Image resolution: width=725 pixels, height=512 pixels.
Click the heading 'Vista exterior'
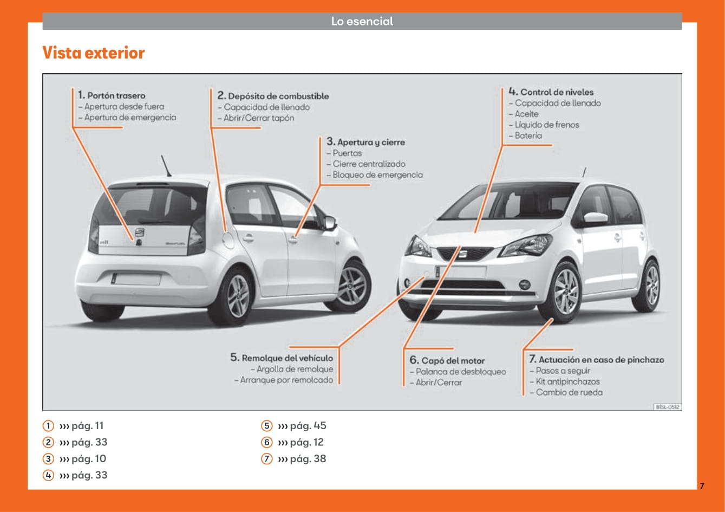94,53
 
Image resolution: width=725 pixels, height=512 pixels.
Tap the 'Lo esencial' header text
362,21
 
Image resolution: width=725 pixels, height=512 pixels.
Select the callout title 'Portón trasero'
116,95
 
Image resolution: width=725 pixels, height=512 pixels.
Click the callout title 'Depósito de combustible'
278,96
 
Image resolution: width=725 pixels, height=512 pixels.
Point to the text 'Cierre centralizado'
369,164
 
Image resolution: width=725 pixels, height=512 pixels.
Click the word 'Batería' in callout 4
528,135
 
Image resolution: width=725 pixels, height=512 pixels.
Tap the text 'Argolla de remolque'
295,369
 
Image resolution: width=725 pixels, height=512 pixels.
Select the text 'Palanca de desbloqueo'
461,372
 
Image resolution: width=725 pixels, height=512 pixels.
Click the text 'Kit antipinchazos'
567,381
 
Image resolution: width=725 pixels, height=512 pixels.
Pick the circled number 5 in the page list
267,425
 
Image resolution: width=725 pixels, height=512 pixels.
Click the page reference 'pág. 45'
308,425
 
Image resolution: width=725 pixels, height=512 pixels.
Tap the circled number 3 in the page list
48,458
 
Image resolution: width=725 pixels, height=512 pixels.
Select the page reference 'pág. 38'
308,458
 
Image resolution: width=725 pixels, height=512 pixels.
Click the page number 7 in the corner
702,486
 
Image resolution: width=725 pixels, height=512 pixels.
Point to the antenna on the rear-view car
166,166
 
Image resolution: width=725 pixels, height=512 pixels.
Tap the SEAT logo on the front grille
462,254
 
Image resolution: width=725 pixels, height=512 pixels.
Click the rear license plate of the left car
136,279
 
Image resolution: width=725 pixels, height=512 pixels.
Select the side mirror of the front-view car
596,218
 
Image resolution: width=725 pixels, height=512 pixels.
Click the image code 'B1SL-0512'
668,407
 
